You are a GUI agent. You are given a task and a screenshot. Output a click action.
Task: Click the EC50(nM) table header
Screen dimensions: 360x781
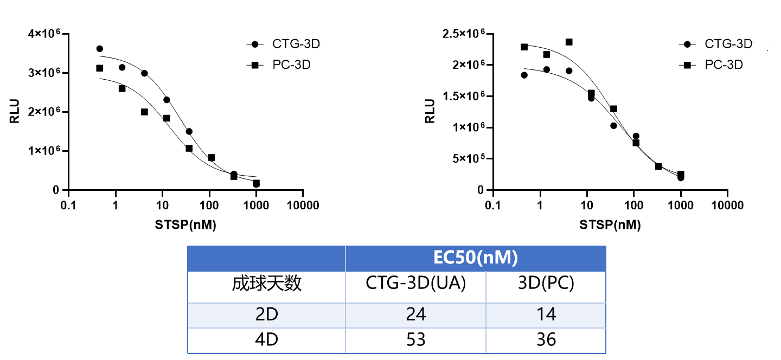pos(475,258)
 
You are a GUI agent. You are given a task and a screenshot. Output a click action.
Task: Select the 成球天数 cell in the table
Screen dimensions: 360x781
pos(266,283)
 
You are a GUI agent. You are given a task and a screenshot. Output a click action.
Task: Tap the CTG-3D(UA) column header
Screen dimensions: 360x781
pos(415,283)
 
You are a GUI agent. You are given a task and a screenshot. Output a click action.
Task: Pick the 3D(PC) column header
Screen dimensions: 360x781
pos(546,283)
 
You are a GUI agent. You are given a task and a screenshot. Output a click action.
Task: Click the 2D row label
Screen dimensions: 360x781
pos(266,314)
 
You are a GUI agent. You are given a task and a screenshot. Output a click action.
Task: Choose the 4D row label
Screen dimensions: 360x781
pos(266,340)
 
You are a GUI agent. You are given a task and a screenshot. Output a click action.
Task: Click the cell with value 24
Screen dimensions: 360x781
pos(415,314)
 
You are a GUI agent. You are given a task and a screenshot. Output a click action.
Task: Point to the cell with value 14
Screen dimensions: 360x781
pos(546,314)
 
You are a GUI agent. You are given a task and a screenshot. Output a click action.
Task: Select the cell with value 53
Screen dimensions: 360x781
pos(415,340)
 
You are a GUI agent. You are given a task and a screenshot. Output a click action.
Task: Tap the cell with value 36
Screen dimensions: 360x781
pos(546,340)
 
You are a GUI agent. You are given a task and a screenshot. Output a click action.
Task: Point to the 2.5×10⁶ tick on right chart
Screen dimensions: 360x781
pos(462,34)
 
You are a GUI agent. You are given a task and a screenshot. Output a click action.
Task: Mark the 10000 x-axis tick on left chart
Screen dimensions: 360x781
pos(303,205)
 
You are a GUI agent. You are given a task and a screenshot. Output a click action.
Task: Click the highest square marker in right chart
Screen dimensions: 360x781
pos(569,42)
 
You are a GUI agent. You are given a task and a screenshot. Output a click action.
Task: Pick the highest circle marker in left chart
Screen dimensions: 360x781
pos(99,49)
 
